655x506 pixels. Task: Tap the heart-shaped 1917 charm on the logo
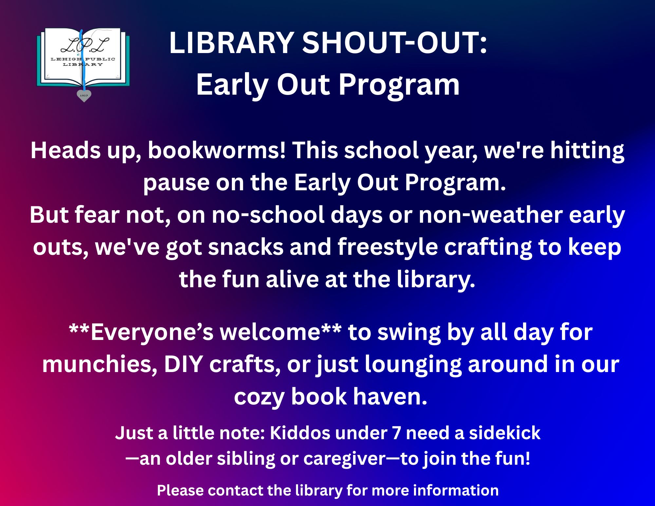(84, 96)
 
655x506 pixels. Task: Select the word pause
(176, 184)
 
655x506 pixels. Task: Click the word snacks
(246, 247)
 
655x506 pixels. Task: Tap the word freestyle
(387, 248)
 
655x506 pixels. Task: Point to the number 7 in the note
(396, 433)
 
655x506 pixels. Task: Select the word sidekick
(505, 433)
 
